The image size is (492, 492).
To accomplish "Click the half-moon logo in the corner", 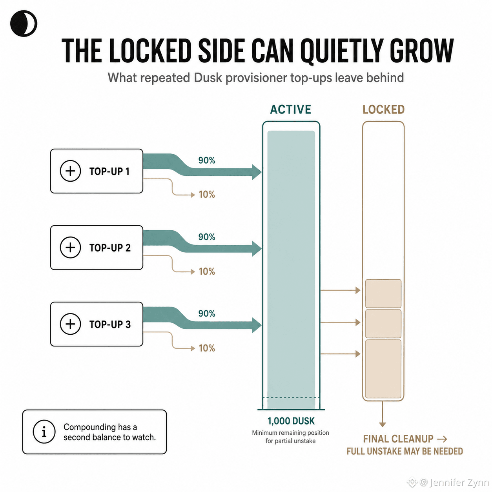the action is coord(24,24).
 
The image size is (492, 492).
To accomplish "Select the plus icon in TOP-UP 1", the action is coord(70,171).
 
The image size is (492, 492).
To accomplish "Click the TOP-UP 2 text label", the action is coord(110,248).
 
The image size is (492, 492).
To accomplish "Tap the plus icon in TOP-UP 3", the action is coord(70,324).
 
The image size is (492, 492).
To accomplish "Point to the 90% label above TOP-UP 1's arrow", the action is coord(206,160).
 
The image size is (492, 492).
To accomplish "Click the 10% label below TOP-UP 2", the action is coord(207,272).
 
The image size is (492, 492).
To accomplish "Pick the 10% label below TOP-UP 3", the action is coord(207,348).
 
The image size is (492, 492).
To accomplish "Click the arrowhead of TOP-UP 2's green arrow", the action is coord(257,248).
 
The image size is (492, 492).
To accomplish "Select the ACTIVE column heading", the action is coord(291,109).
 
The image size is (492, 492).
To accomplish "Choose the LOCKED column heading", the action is coord(383,109).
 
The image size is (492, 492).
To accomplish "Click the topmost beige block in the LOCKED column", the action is coord(383,293).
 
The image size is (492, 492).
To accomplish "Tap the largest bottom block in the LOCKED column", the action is coord(383,369).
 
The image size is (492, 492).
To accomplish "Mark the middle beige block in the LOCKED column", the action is coord(383,324).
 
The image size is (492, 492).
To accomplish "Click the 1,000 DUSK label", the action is coord(291,421).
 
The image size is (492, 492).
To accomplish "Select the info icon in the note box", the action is coord(44,432).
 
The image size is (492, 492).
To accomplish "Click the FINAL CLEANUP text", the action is coord(398,439).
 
